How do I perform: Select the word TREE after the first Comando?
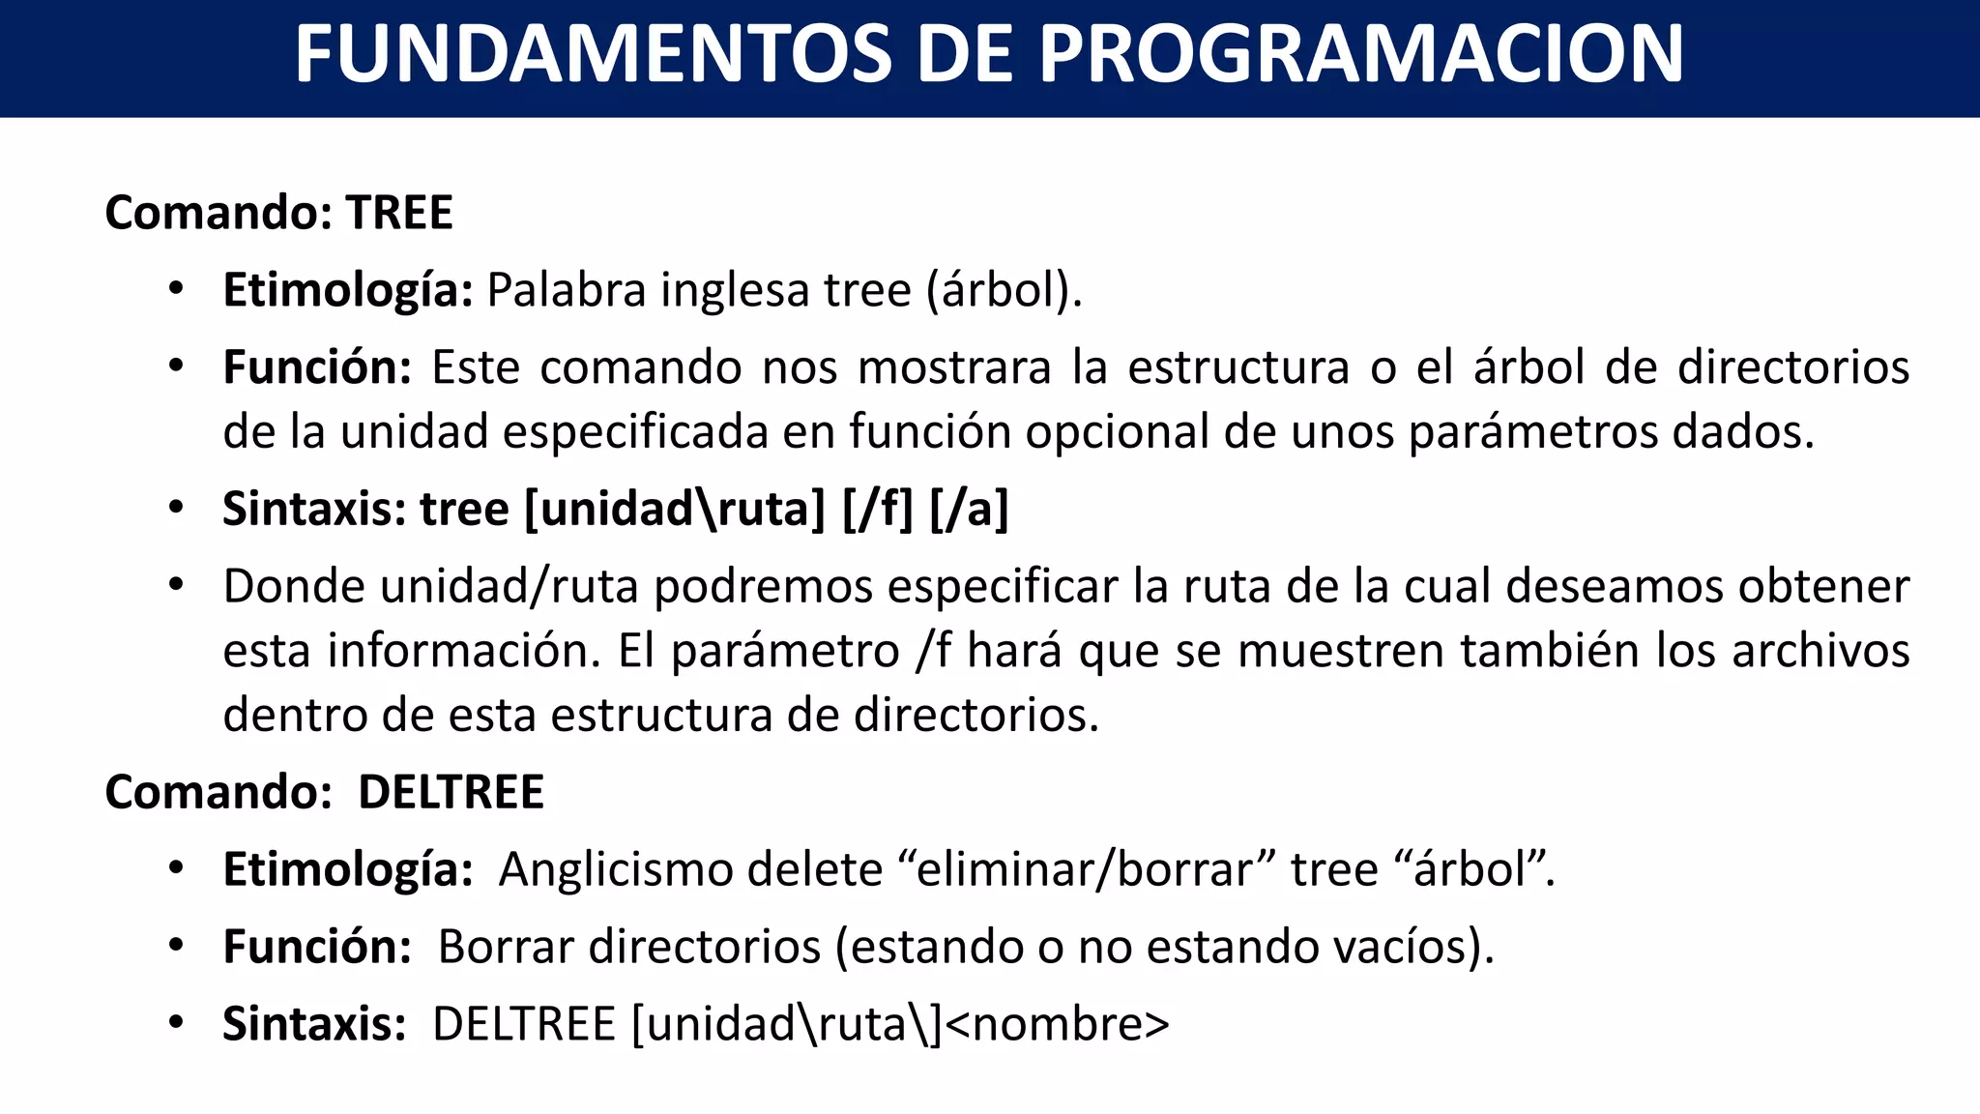[x=399, y=213]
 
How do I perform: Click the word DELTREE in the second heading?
[x=451, y=792]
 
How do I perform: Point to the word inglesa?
[x=736, y=290]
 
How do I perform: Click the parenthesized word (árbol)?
[x=1004, y=290]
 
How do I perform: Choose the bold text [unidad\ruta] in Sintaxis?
[x=674, y=509]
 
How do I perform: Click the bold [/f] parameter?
[x=877, y=509]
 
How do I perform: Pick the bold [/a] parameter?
[x=969, y=509]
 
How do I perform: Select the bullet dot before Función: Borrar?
[x=175, y=946]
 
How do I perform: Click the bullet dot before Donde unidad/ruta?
[x=175, y=585]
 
